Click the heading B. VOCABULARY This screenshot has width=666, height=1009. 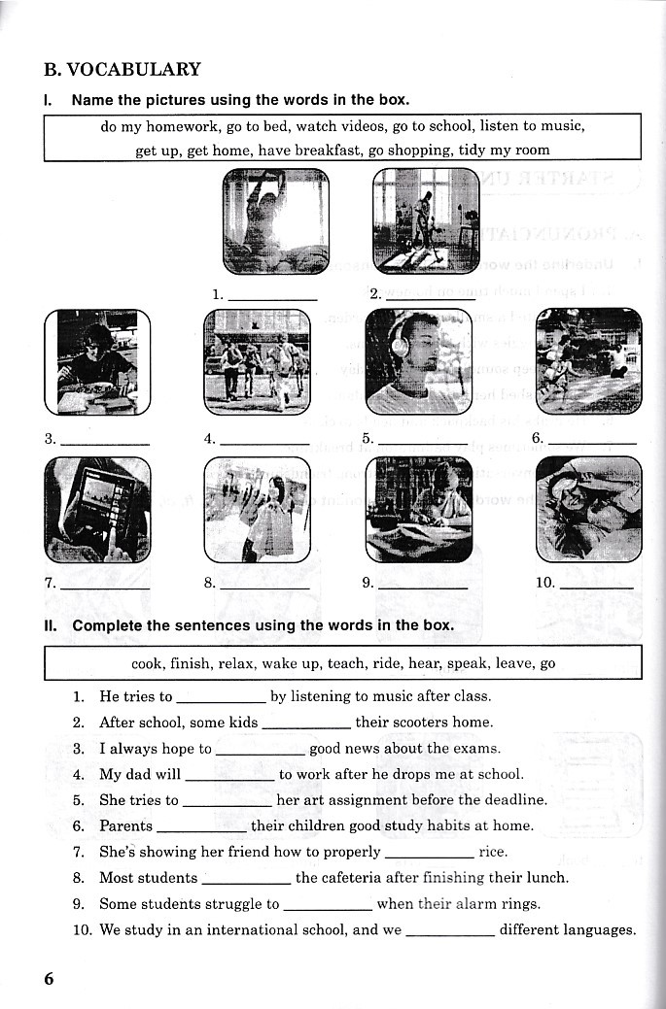click(123, 69)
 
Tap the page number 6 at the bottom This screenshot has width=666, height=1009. click(49, 978)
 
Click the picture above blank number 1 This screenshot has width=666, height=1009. click(275, 220)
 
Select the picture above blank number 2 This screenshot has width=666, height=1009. click(425, 220)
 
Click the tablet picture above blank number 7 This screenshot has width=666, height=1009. click(97, 510)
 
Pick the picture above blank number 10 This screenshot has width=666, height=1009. click(588, 510)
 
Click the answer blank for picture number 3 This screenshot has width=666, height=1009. click(105, 442)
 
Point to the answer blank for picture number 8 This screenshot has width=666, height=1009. click(264, 587)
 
